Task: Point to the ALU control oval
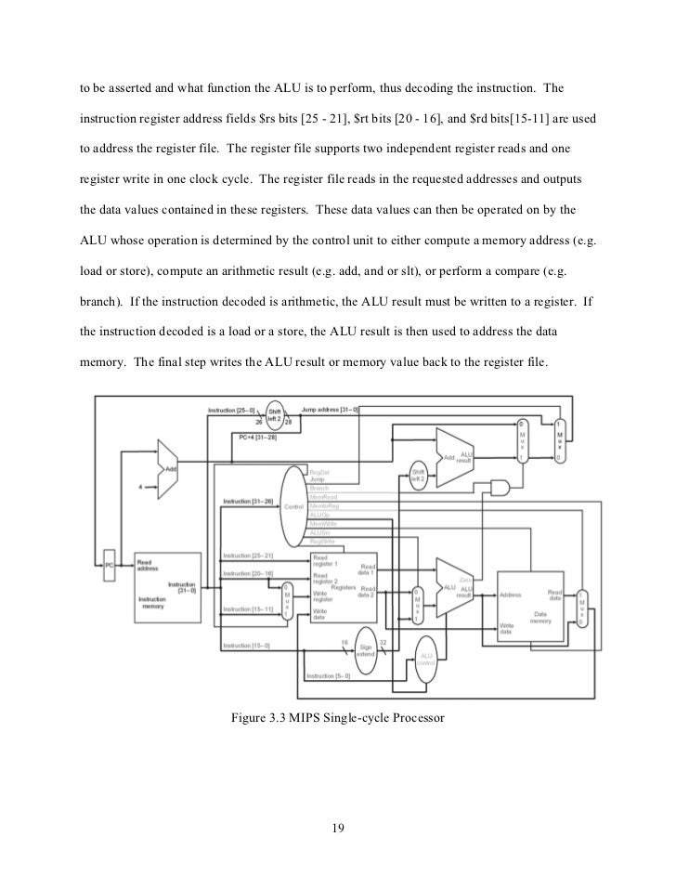(x=426, y=660)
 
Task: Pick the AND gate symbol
(x=501, y=487)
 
